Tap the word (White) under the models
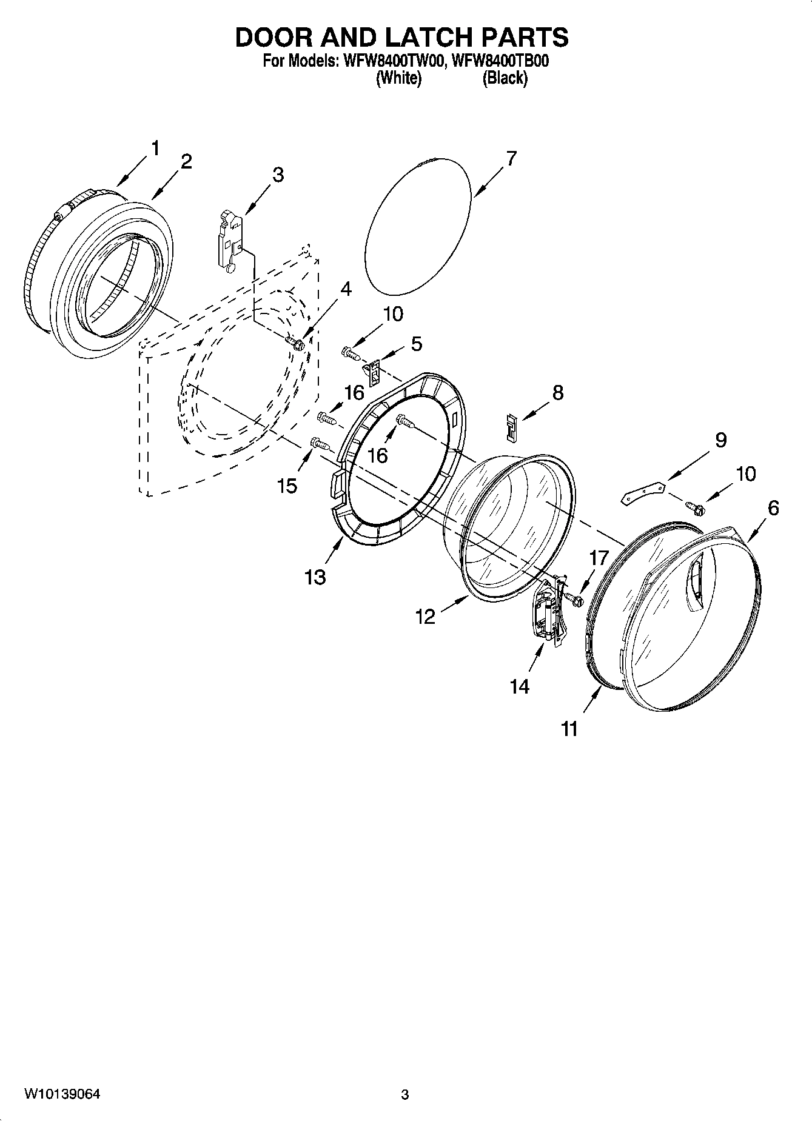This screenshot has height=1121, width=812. (398, 78)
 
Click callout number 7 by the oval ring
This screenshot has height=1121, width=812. (511, 159)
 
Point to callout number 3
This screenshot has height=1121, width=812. (277, 175)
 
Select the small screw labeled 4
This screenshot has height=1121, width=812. (298, 345)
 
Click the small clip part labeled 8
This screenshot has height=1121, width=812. (512, 428)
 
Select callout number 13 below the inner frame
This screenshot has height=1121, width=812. (315, 577)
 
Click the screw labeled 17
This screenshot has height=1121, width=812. (574, 600)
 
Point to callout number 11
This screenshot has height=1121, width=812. (569, 729)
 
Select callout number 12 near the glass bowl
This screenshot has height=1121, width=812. (425, 617)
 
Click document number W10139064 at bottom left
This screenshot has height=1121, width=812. (62, 1094)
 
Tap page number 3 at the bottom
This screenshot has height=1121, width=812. (405, 1094)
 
